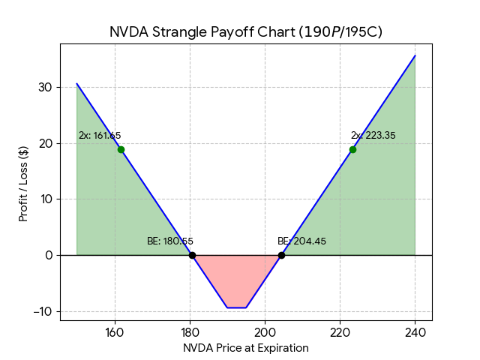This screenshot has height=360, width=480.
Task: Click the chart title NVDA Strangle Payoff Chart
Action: pos(245,31)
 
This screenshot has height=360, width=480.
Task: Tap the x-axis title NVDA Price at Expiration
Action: pos(245,348)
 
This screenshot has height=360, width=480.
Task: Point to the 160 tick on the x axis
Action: pos(115,333)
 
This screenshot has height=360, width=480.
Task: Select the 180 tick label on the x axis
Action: pos(190,333)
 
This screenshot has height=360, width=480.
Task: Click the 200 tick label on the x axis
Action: pos(265,333)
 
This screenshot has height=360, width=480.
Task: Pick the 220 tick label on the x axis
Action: pos(340,333)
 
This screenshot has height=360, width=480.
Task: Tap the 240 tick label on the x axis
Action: pos(415,333)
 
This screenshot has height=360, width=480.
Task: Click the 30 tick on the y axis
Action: pos(46,87)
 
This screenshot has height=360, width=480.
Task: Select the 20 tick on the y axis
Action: pos(46,143)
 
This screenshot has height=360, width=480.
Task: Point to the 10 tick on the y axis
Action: pos(46,199)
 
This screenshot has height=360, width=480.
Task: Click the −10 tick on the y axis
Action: pos(43,311)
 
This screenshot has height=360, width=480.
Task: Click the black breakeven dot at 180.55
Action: pos(192,255)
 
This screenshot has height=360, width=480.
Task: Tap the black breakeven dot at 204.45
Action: pos(281,255)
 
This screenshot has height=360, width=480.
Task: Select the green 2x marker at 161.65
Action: pos(121,149)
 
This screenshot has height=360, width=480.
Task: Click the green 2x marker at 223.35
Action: pos(352,149)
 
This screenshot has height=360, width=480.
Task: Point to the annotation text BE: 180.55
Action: pos(170,241)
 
